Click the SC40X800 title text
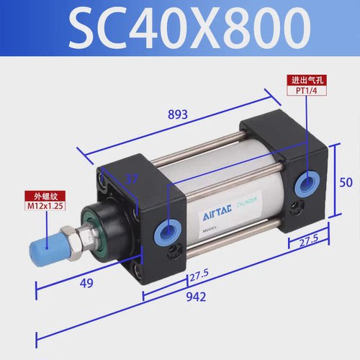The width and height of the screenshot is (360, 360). click(x=180, y=29)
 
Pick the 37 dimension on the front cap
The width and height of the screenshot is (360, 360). click(x=130, y=179)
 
